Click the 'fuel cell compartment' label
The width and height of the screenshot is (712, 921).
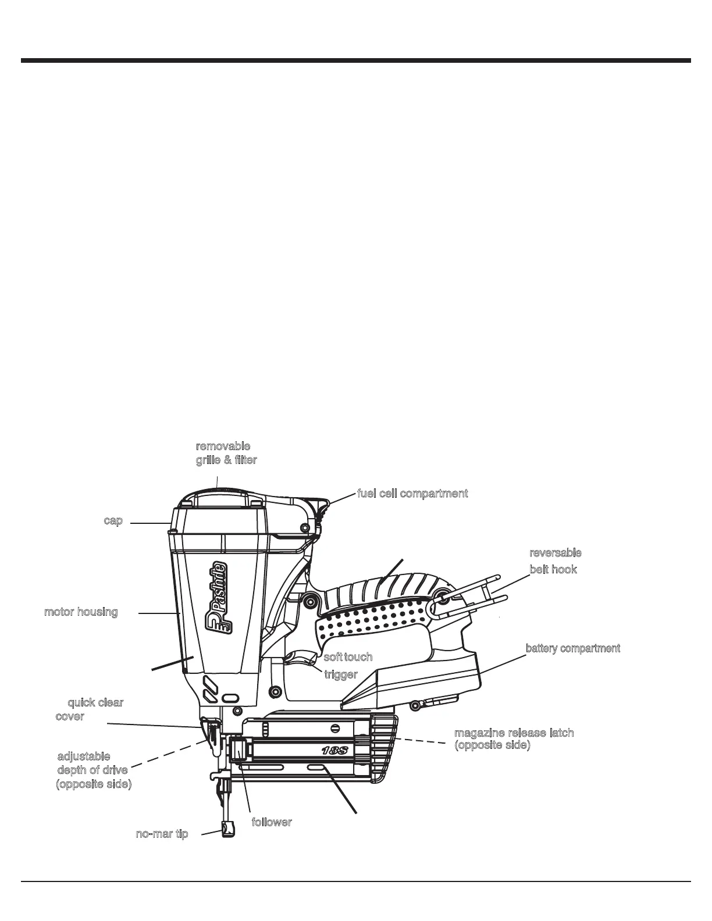(x=412, y=494)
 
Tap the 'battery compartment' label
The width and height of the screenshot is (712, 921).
(x=572, y=648)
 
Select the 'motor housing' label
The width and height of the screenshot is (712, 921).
(x=81, y=612)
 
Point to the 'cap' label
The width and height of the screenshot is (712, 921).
(x=113, y=520)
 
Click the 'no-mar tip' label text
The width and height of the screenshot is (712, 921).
(x=162, y=834)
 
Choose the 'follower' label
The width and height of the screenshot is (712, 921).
(x=271, y=822)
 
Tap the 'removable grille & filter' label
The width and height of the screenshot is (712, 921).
(x=226, y=453)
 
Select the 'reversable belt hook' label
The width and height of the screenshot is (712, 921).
(x=554, y=561)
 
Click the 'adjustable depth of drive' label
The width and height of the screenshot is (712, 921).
(x=93, y=770)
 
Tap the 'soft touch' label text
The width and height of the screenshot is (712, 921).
(x=348, y=656)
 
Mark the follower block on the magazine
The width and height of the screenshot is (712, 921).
(x=238, y=749)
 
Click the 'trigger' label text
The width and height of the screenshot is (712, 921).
(x=340, y=674)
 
